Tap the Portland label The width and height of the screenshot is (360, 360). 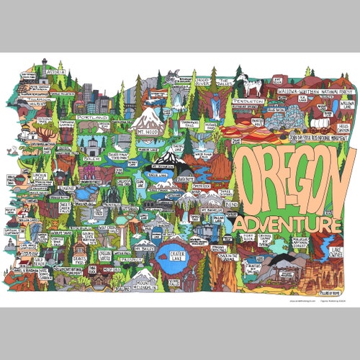(92, 117)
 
